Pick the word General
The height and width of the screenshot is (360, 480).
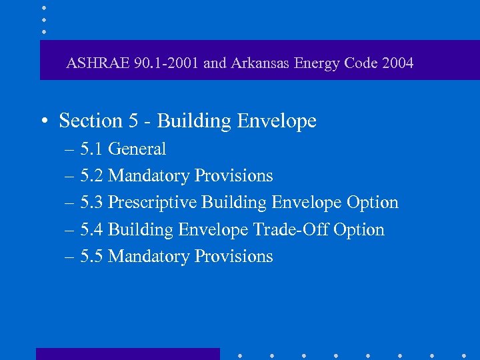click(137, 149)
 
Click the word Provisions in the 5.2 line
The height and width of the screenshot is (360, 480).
click(234, 176)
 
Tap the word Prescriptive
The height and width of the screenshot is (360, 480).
click(152, 203)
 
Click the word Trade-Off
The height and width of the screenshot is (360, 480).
click(291, 229)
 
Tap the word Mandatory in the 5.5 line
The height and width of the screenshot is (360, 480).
click(149, 256)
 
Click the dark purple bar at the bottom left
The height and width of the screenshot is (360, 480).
click(127, 354)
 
